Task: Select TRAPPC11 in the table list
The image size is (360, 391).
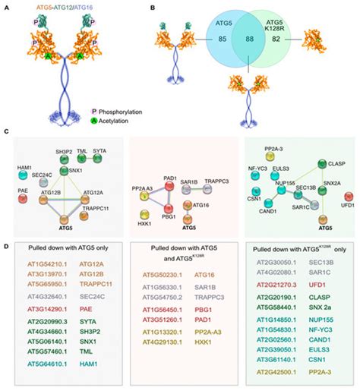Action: pyautogui.click(x=91, y=301)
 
